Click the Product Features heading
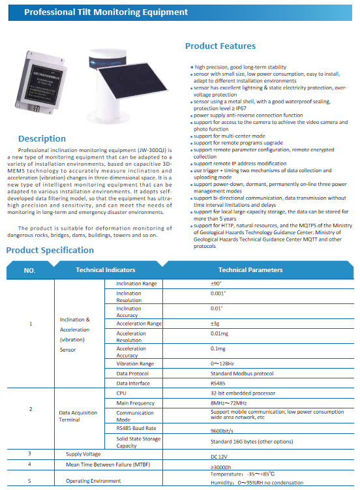(x=220, y=46)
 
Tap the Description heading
(x=42, y=138)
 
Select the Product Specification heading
(x=50, y=250)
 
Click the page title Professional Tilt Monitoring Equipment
(x=106, y=12)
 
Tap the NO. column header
(x=29, y=270)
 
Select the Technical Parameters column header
(x=250, y=270)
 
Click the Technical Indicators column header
(x=106, y=270)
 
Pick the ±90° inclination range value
(x=217, y=284)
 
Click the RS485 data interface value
(x=218, y=384)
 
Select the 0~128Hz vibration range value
(x=222, y=363)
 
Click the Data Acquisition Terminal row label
(x=78, y=416)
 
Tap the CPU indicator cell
(x=121, y=393)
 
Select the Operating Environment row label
(x=93, y=480)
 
